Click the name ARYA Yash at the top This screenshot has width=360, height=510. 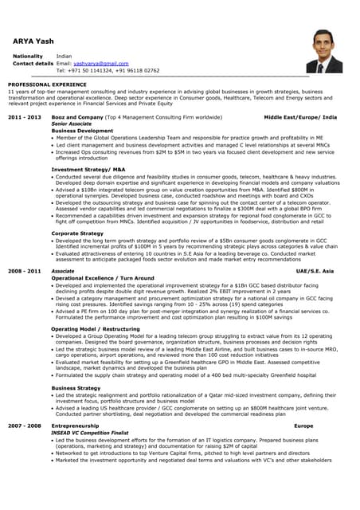[34, 41]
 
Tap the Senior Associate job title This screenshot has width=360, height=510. [71, 124]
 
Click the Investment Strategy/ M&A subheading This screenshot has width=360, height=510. [88, 170]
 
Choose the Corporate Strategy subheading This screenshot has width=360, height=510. [77, 233]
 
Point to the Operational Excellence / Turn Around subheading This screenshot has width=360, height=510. [103, 278]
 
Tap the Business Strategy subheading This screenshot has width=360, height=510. [76, 387]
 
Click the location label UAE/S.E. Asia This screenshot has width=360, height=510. [315, 271]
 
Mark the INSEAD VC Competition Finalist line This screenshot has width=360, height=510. [89, 433]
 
